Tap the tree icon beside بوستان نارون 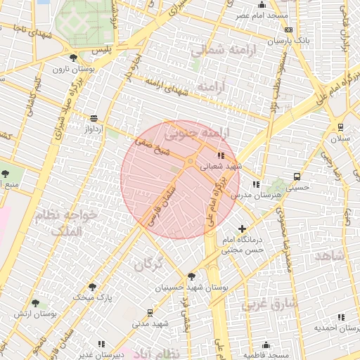point(73,58)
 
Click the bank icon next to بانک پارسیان point(288,30)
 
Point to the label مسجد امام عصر point(261,15)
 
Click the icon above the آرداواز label point(94,118)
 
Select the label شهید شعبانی point(221,167)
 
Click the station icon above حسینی point(297,176)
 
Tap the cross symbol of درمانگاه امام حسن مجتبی point(243,229)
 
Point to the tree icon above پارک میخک point(92,287)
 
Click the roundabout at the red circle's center point(190,162)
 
